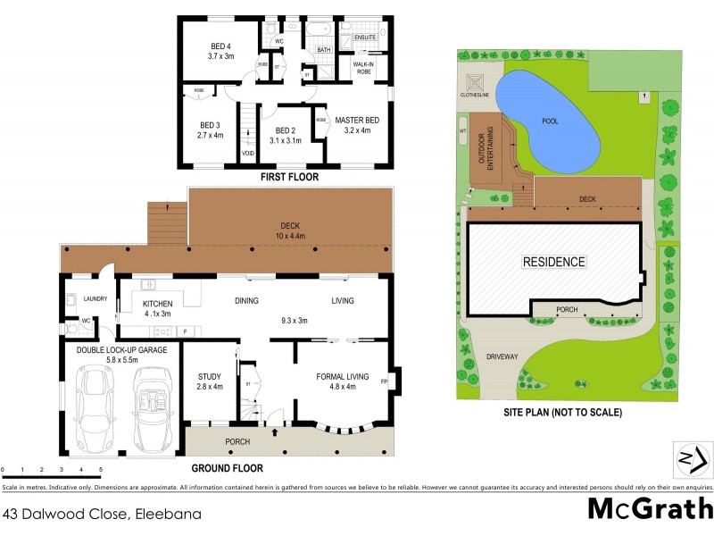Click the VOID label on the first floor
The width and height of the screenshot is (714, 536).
[x=248, y=154]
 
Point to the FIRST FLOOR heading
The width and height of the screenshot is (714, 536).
[x=288, y=177]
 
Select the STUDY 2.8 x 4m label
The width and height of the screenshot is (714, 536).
[x=209, y=381]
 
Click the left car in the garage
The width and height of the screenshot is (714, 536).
[x=95, y=409]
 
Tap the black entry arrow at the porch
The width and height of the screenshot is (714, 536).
[x=275, y=431]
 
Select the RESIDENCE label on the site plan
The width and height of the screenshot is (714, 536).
[x=553, y=262]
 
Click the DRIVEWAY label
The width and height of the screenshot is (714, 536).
[x=502, y=356]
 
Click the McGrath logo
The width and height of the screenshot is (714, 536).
[x=650, y=509]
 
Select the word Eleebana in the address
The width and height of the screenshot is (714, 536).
[x=169, y=514]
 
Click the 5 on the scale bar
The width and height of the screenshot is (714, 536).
[x=101, y=469]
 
